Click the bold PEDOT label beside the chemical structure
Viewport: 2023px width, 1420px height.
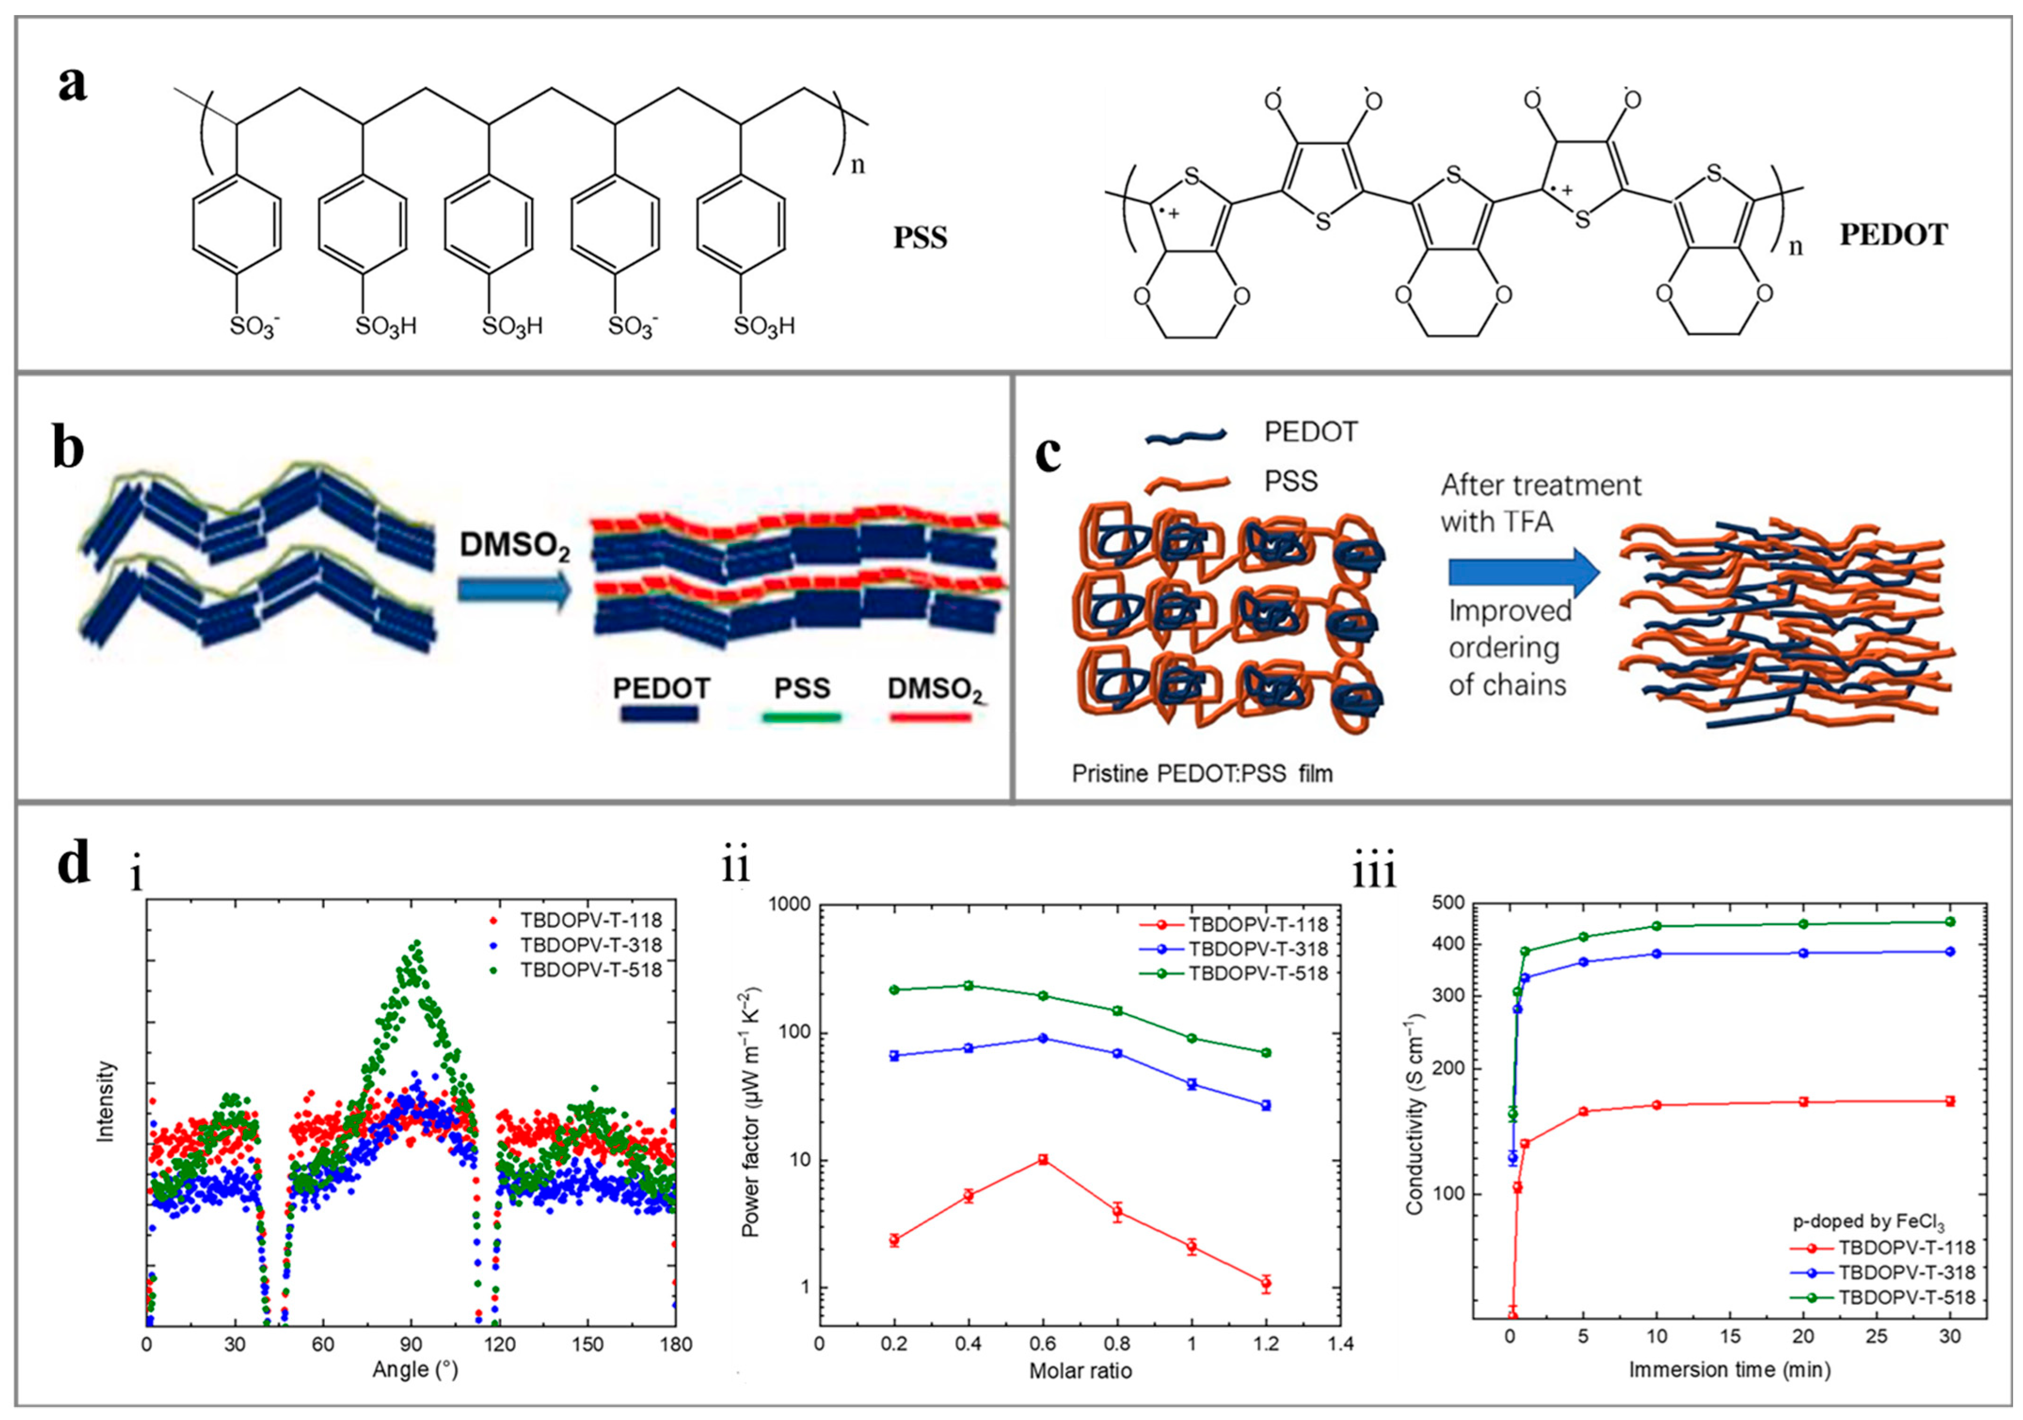click(1893, 234)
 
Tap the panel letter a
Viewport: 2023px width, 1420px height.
click(72, 86)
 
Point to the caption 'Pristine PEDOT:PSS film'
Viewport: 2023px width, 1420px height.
click(1202, 773)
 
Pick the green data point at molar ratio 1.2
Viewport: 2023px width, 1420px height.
click(1266, 1053)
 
